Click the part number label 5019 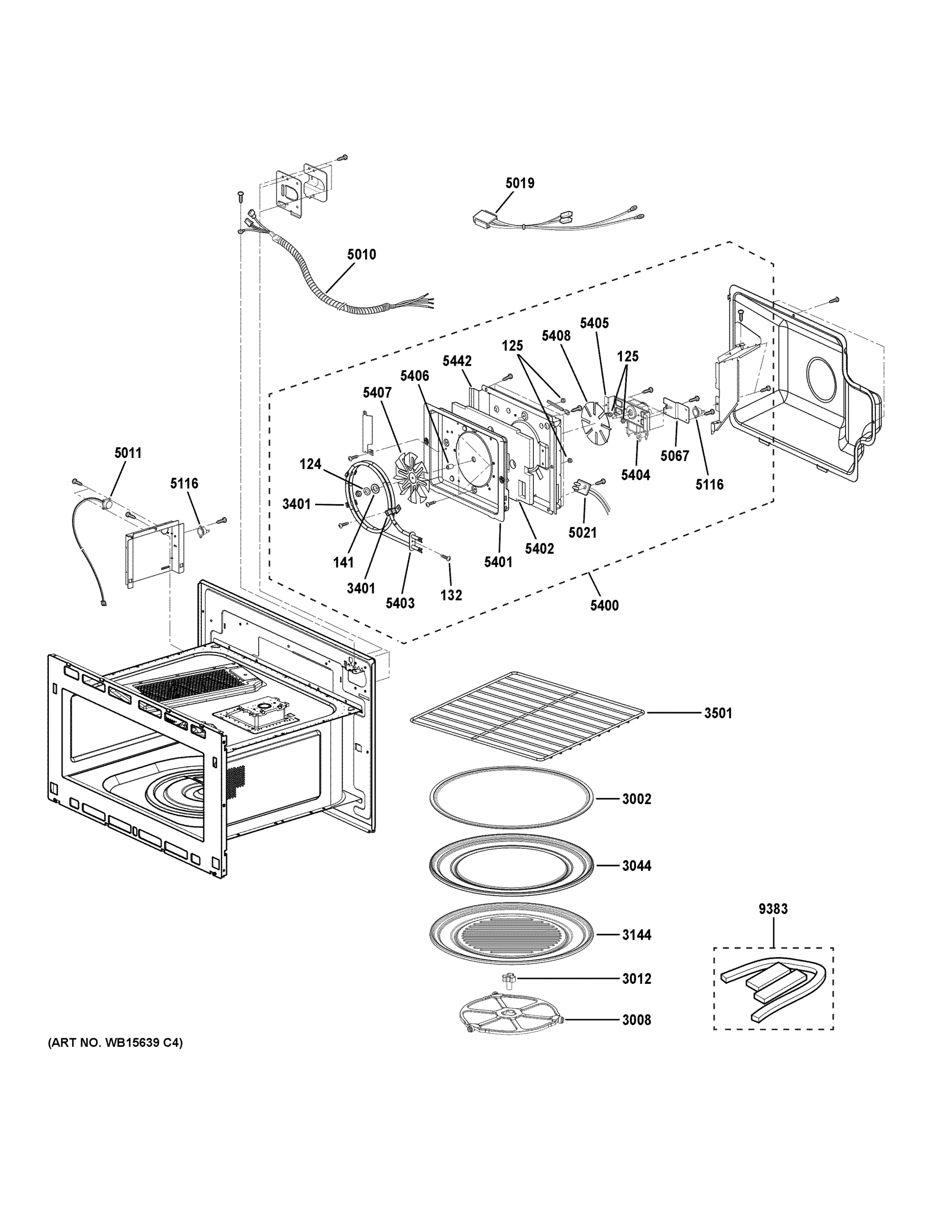click(520, 183)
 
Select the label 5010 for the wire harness click(362, 254)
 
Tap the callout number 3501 click(717, 713)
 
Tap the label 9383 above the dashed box click(773, 909)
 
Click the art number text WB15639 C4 click(115, 1043)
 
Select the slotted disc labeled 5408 click(595, 424)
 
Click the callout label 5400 click(604, 606)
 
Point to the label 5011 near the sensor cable click(128, 453)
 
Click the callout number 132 click(451, 595)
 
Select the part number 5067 click(675, 455)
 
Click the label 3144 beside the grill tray click(636, 935)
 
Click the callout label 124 click(311, 464)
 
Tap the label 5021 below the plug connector click(583, 532)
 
